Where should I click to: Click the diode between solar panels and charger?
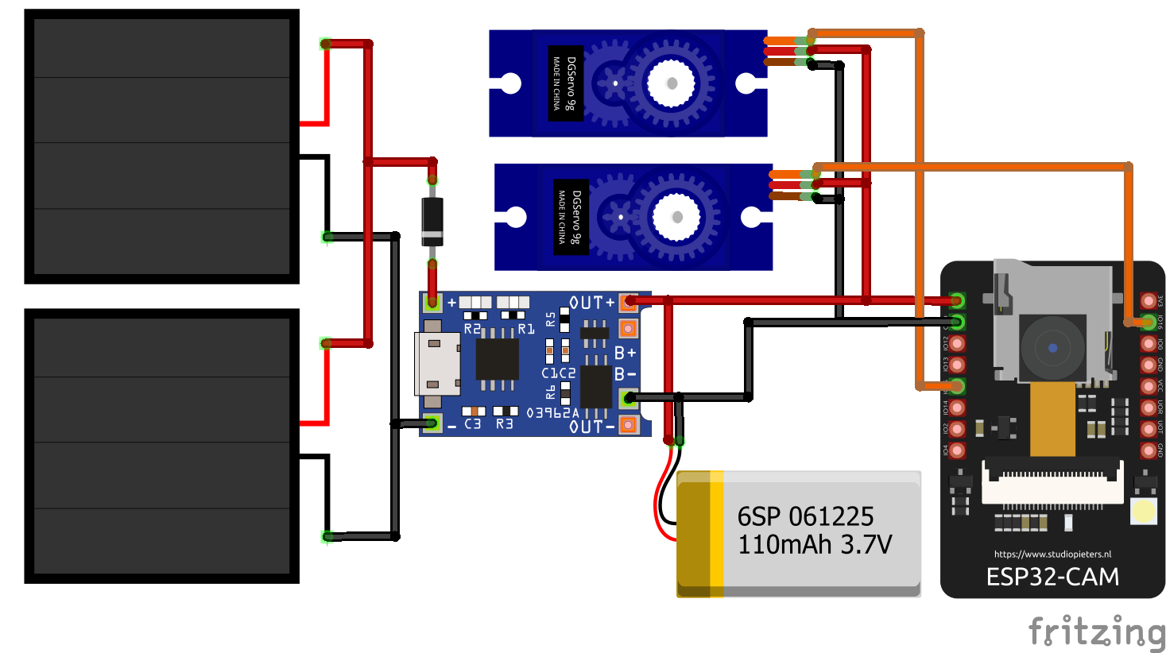(x=432, y=221)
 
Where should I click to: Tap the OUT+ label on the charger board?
(x=591, y=303)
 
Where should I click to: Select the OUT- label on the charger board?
(x=591, y=427)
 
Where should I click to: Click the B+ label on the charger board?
(x=625, y=353)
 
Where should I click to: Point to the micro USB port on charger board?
(x=436, y=365)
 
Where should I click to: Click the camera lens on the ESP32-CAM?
(x=1052, y=348)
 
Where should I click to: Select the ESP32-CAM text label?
(x=1052, y=577)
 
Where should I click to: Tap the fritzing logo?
(x=1096, y=632)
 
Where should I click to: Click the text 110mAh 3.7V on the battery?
(x=815, y=545)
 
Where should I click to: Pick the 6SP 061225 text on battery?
(x=805, y=516)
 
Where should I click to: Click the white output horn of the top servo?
(x=672, y=83)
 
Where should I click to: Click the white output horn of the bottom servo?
(x=676, y=217)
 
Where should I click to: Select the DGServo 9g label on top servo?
(x=566, y=83)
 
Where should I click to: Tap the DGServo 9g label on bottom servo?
(x=571, y=217)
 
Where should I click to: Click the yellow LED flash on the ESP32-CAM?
(x=1143, y=511)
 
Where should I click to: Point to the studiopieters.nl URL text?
(x=1052, y=554)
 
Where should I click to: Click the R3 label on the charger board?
(x=504, y=424)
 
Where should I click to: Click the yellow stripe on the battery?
(x=716, y=532)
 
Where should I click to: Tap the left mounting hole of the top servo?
(x=509, y=83)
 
